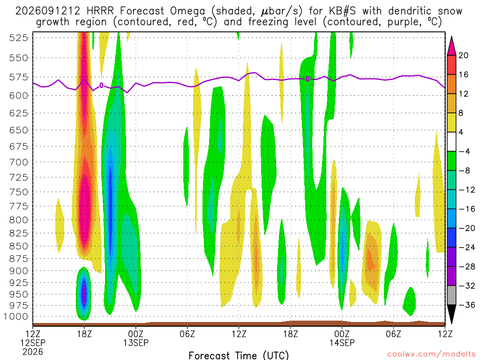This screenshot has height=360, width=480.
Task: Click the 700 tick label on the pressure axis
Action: click(x=18, y=162)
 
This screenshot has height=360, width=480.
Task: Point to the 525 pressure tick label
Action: click(x=18, y=38)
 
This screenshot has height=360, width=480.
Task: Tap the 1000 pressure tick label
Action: click(x=15, y=316)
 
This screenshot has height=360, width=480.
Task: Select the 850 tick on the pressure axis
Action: click(x=18, y=246)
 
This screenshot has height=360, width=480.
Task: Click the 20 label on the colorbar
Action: click(x=463, y=55)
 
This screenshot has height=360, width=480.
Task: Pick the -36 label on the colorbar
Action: click(x=466, y=305)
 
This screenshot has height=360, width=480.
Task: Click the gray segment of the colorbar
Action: click(x=451, y=295)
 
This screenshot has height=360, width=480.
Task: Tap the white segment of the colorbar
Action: click(x=451, y=142)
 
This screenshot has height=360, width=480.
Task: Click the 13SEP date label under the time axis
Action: click(x=136, y=343)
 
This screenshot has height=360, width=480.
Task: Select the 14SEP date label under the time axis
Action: click(x=342, y=343)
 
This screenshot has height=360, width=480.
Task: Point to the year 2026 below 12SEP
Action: click(x=33, y=352)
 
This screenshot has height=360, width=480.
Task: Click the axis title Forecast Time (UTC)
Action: click(x=239, y=355)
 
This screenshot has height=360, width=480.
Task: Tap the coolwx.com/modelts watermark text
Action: click(x=431, y=354)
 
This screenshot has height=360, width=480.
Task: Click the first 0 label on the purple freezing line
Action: click(x=101, y=85)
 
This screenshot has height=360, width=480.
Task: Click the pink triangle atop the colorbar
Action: click(x=451, y=45)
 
